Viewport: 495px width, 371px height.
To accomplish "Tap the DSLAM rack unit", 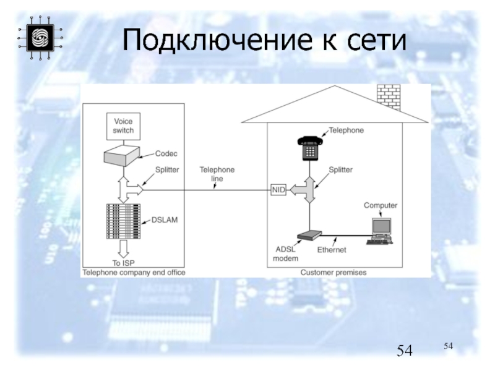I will pos(122,221).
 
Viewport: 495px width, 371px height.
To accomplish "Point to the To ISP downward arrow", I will pos(122,249).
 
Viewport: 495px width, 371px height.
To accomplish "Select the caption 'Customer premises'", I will pos(334,272).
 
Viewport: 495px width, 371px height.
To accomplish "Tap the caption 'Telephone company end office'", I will pos(134,272).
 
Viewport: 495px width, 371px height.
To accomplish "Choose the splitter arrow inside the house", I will pos(306,189).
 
